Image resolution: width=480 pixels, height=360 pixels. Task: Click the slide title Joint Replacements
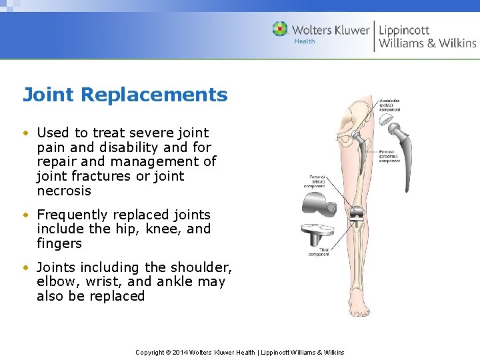point(125,95)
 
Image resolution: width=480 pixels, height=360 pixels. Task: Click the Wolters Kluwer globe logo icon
point(280,29)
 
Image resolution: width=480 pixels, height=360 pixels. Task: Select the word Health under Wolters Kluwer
point(305,42)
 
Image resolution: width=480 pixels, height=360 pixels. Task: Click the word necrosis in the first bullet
point(64,191)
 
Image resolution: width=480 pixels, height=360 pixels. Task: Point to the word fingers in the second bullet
point(59,243)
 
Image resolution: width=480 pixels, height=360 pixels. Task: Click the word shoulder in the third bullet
point(201,267)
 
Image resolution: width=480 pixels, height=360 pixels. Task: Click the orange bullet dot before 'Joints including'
point(25,267)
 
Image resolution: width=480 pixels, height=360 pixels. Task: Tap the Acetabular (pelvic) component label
point(389,105)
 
